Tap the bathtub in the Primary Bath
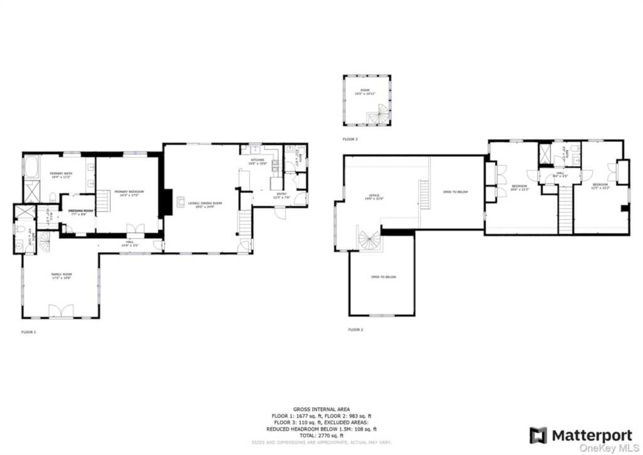31,167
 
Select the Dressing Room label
80,212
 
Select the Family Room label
62,276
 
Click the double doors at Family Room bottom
61,310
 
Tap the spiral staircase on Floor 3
379,115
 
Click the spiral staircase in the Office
370,241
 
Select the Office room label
374,197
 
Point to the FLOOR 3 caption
350,139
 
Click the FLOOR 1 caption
29,331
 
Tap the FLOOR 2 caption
355,329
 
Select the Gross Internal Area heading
321,408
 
